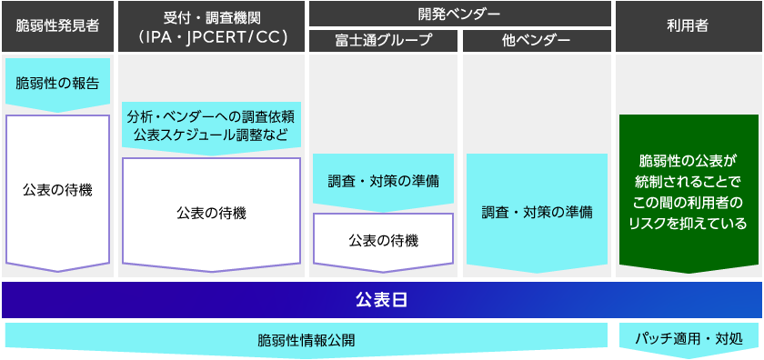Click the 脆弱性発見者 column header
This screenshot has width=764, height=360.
point(58,26)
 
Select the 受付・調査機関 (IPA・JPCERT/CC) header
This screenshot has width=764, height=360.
point(211,26)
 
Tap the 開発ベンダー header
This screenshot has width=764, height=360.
point(460,14)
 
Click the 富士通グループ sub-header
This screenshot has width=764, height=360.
point(384,40)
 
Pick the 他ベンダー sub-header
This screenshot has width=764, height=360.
point(537,40)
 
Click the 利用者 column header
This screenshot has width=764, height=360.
point(689,26)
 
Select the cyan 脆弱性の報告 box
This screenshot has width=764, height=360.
point(58,82)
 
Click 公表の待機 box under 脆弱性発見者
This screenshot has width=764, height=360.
point(58,190)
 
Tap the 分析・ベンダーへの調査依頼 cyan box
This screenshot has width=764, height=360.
point(211,117)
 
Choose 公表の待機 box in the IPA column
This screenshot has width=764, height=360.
point(211,213)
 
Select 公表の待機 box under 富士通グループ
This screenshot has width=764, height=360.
point(384,240)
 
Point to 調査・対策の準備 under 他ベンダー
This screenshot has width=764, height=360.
point(537,213)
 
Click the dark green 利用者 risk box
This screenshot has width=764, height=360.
point(689,192)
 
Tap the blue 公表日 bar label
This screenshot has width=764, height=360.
point(381,299)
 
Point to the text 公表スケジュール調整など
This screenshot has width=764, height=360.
point(211,135)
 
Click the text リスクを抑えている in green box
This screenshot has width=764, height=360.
point(689,223)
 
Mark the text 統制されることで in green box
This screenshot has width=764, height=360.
point(689,182)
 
